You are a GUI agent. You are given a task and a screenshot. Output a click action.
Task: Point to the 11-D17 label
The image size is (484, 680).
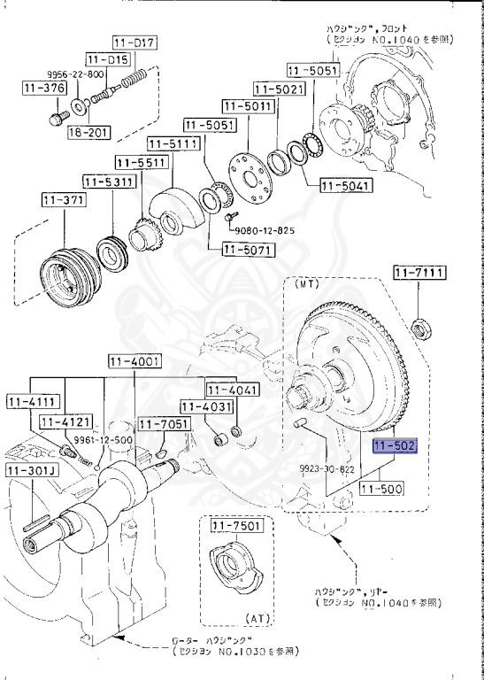coord(134,42)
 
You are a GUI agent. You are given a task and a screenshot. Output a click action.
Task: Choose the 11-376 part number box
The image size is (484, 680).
coord(42,87)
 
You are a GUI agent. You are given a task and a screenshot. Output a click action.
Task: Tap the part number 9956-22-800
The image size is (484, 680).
coord(75,74)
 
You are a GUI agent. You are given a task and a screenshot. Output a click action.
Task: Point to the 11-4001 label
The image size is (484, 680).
coord(134,360)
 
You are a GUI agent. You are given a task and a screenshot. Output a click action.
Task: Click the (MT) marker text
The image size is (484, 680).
coord(305,286)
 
